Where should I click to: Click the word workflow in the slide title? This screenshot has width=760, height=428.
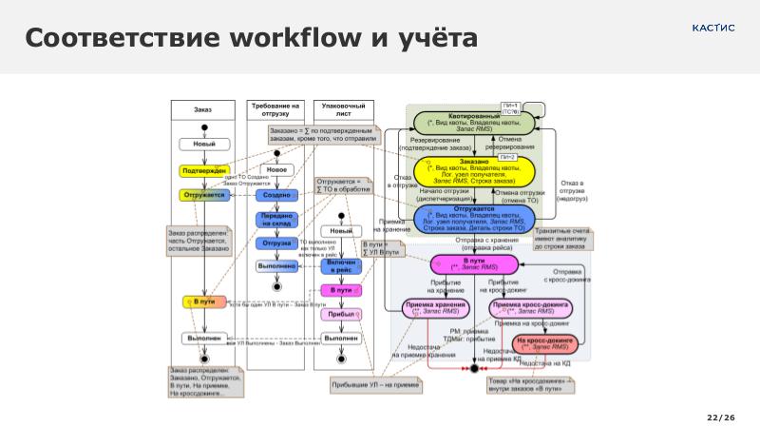pyautogui.click(x=302, y=39)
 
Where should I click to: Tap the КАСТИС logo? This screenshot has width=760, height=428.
pyautogui.click(x=712, y=28)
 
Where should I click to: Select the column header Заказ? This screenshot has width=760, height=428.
pyautogui.click(x=202, y=110)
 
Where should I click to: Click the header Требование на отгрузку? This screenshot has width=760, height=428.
pyautogui.click(x=275, y=109)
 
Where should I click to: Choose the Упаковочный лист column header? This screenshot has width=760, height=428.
pyautogui.click(x=343, y=109)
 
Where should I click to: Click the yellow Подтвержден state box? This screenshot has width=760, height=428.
pyautogui.click(x=204, y=170)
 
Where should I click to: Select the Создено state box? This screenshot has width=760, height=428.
pyautogui.click(x=276, y=194)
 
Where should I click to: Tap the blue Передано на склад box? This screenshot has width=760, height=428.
pyautogui.click(x=276, y=220)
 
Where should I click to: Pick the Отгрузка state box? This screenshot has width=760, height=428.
pyautogui.click(x=276, y=243)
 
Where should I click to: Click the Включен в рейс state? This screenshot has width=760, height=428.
pyautogui.click(x=341, y=266)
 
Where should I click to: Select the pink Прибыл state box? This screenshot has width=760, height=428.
pyautogui.click(x=341, y=314)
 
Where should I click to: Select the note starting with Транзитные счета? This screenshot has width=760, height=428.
pyautogui.click(x=561, y=239)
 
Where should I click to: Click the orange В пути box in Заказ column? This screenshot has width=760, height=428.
pyautogui.click(x=204, y=302)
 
